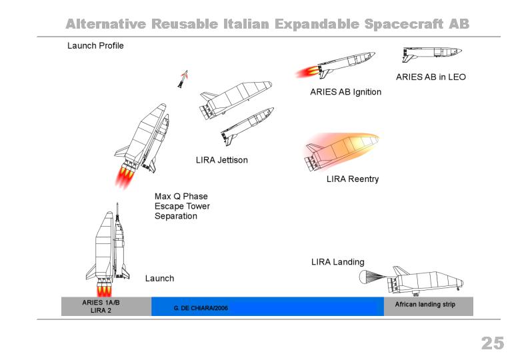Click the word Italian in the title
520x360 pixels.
(246, 24)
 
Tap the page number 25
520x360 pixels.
(493, 343)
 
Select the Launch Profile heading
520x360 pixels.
(95, 46)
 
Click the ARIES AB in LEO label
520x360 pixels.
(431, 77)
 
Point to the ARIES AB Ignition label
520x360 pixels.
(345, 92)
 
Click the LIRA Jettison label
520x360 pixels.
(222, 160)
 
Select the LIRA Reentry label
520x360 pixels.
(353, 179)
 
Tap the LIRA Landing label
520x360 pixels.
(337, 262)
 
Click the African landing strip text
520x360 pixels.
(425, 304)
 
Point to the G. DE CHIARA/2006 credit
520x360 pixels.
(201, 308)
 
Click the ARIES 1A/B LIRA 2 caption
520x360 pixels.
(101, 306)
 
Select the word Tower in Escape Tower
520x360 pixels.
(198, 206)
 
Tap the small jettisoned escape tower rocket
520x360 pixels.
(183, 79)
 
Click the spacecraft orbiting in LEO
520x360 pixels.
(432, 54)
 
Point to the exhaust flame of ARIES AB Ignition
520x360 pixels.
(307, 72)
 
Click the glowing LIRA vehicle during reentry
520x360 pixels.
(341, 151)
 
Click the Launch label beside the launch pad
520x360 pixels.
(159, 278)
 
